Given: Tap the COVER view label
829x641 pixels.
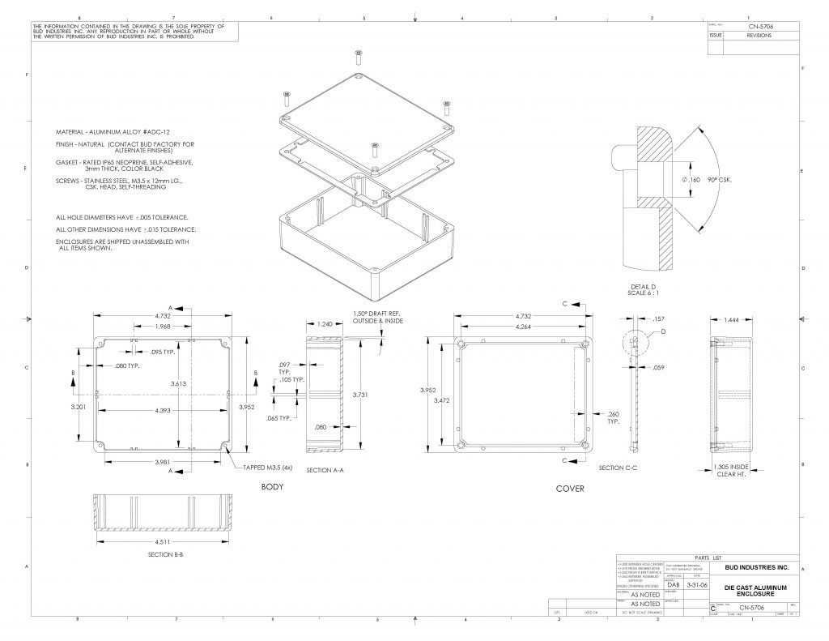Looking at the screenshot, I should click(x=569, y=489).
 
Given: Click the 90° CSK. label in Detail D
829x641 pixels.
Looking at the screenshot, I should click(x=719, y=179).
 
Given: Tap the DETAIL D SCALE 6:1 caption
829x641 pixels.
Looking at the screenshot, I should click(x=647, y=289).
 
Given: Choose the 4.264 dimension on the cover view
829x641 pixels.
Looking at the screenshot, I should click(x=524, y=327).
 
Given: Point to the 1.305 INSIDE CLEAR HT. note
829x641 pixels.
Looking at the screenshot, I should click(x=730, y=470).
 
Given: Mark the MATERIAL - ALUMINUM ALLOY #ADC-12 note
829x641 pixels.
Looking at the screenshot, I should click(x=113, y=131).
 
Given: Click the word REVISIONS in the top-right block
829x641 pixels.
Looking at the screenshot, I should click(x=759, y=36).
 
